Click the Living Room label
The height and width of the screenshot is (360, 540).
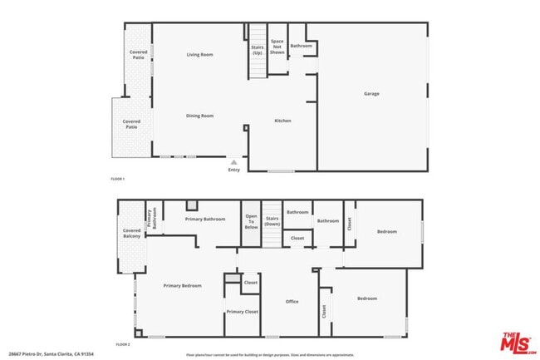[199, 55]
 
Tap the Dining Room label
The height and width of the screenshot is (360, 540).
[199, 116]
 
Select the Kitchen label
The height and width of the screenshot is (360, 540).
[282, 121]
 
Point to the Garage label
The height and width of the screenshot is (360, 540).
[371, 93]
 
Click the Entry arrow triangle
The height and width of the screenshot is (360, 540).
[234, 162]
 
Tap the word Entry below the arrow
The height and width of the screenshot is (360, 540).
[234, 171]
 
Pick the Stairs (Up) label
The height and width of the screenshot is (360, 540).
[258, 50]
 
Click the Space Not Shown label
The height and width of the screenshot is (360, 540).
[277, 47]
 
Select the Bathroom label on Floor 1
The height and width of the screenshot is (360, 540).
[301, 46]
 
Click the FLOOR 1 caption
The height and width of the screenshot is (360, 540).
[118, 179]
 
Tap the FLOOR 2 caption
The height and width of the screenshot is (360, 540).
[123, 343]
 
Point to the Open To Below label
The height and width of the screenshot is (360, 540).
[251, 222]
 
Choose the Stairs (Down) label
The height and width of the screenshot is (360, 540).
[272, 222]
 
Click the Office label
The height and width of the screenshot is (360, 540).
[292, 301]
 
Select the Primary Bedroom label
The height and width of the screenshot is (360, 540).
[182, 285]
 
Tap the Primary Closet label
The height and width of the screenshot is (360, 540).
[242, 312]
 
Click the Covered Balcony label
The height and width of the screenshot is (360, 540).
[131, 233]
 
